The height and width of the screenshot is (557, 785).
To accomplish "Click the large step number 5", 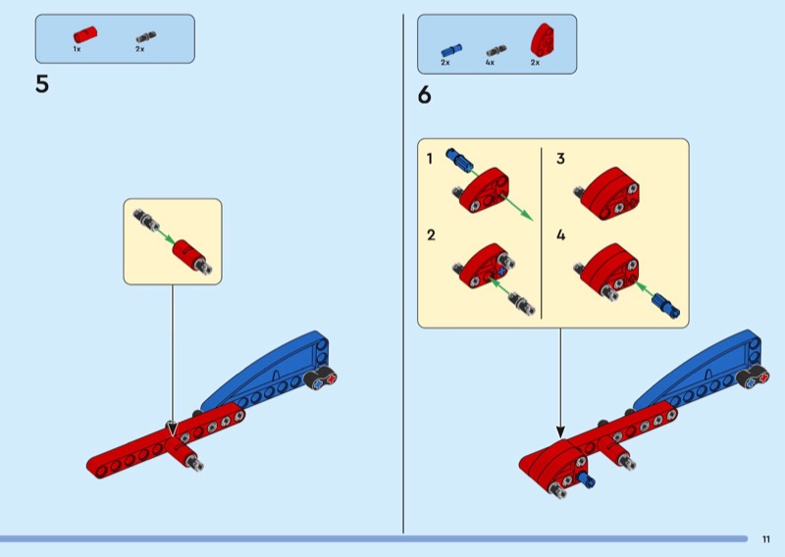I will coord(41,84).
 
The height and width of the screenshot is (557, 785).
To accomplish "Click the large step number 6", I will coord(424,95).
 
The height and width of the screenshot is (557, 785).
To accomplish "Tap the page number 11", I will coord(765,538).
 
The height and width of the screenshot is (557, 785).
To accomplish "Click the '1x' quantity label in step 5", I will coord(77,48).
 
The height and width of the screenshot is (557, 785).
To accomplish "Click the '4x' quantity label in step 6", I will coord(490,63).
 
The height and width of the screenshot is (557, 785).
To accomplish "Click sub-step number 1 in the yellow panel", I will coord(430,158).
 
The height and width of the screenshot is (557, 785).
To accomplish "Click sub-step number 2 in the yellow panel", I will coord(430,235).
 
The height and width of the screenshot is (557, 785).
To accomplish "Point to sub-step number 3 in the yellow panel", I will coord(560,158).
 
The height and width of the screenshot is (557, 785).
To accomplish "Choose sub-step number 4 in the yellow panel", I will coord(560,235).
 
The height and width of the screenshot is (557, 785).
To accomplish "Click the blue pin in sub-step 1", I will coord(459,158).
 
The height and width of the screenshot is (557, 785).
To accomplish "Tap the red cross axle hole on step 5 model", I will coord(330,380).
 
